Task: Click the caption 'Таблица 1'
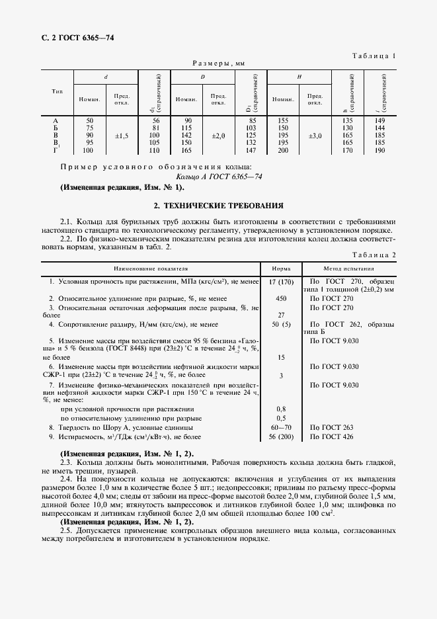(373, 56)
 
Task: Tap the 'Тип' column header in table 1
(57, 91)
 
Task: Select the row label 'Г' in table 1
(55, 151)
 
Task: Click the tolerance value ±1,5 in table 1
(122, 136)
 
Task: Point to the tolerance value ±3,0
(315, 136)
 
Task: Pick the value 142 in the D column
(186, 136)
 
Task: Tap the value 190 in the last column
(379, 151)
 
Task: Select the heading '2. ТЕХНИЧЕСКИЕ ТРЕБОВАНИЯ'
(218, 206)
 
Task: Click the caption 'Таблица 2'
(373, 255)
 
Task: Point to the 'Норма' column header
(281, 269)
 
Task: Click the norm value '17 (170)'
(281, 282)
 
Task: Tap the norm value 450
(281, 298)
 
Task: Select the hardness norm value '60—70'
(281, 427)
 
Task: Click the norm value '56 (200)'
(281, 436)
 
